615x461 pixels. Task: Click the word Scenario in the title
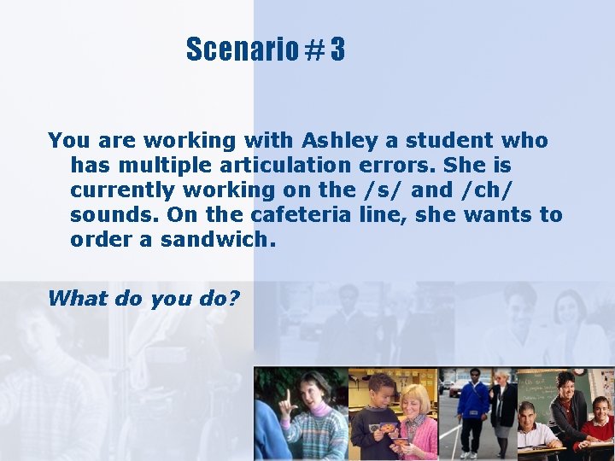coord(241,50)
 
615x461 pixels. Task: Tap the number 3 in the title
coord(337,50)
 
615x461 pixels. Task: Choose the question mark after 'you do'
coord(235,298)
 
